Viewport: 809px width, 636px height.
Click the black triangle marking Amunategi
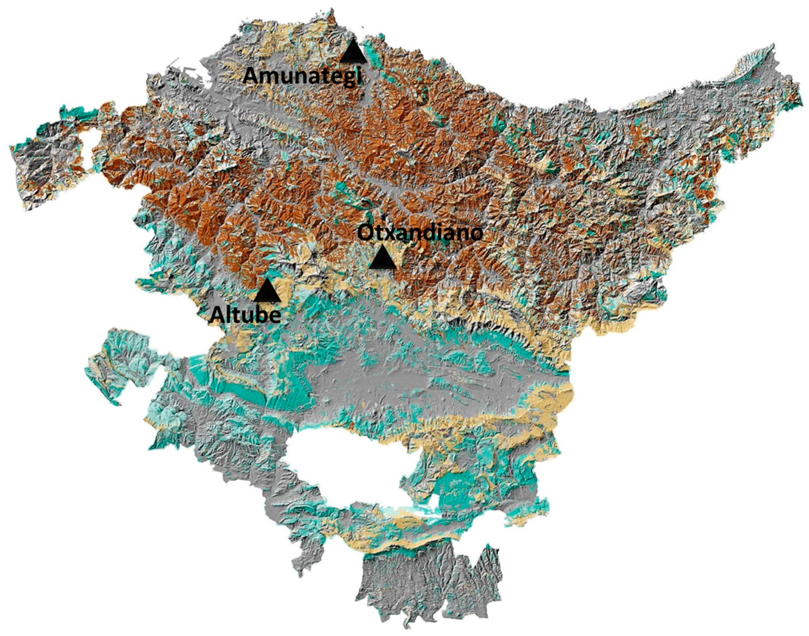point(353,54)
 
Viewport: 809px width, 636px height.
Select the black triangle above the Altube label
point(267,291)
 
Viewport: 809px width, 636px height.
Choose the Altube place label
point(245,315)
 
